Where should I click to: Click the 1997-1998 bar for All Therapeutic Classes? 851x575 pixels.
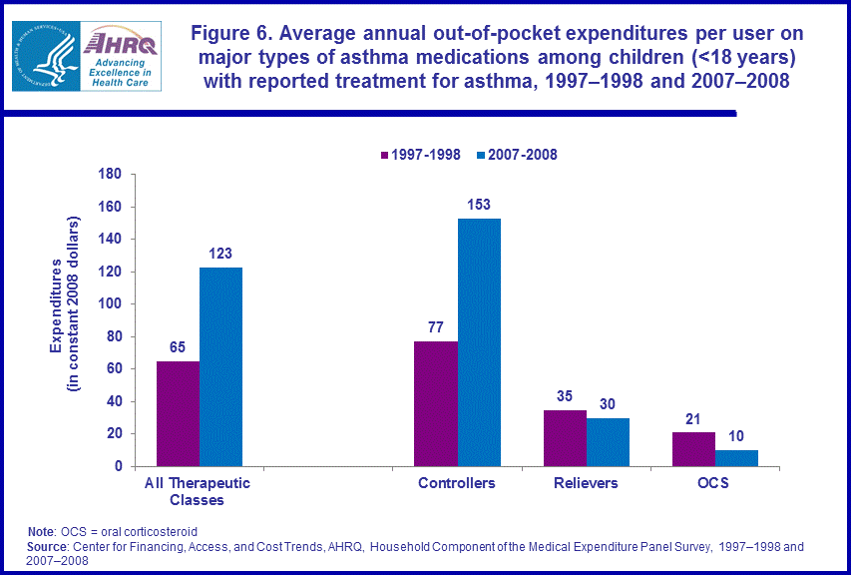178,413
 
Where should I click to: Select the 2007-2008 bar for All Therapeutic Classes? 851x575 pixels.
220,366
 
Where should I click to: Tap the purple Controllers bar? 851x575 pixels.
436,403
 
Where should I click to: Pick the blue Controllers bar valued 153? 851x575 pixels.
479,342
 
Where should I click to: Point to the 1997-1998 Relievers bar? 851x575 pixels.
565,437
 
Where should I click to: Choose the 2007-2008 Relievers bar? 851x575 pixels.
608,441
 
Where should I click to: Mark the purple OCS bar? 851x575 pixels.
693,449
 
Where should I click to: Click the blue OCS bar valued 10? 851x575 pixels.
736,458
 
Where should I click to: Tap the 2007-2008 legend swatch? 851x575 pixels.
479,155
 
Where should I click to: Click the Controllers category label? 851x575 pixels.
457,483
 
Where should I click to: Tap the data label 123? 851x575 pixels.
220,255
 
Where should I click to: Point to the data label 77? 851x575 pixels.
436,328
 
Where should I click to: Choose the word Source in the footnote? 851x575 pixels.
51,547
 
